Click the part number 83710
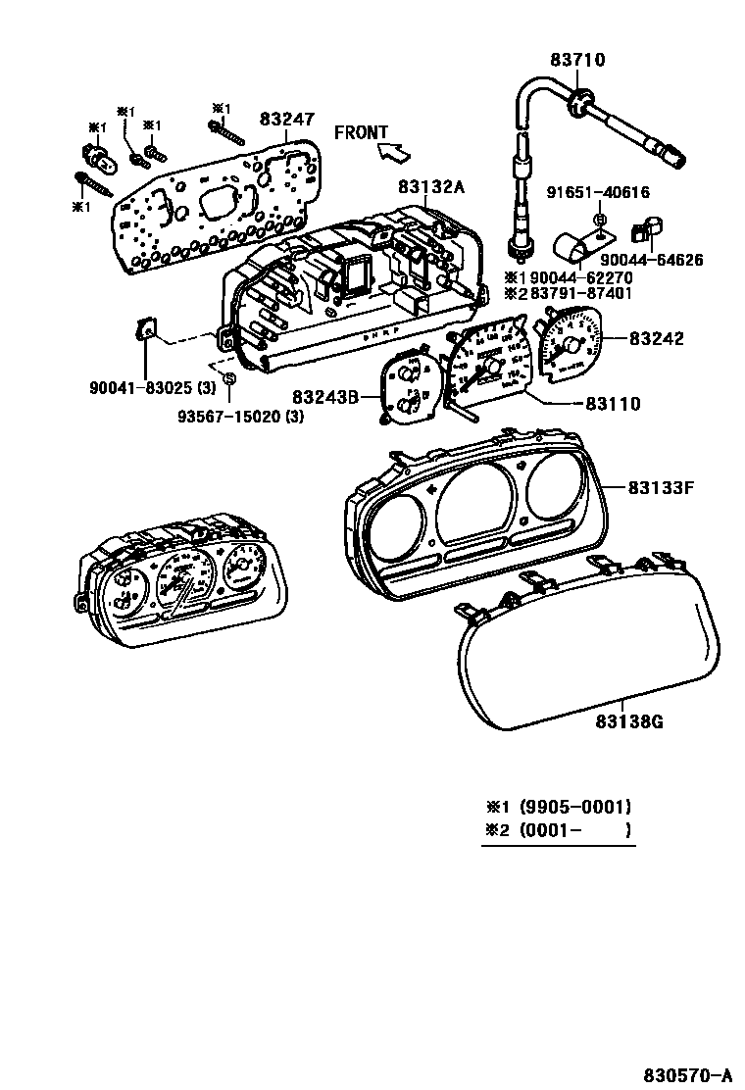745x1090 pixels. (x=577, y=60)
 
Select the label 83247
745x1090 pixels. (x=286, y=119)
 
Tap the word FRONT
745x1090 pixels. (x=361, y=132)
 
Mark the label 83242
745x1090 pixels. (x=656, y=339)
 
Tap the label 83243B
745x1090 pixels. (x=323, y=397)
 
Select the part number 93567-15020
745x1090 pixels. (x=227, y=417)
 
